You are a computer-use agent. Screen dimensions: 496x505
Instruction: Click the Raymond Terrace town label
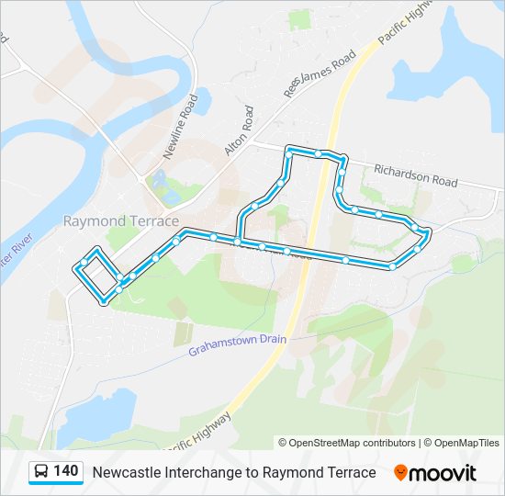(x=120, y=220)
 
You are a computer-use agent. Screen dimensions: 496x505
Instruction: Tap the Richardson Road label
(x=415, y=175)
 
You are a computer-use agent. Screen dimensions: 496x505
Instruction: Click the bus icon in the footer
(x=41, y=472)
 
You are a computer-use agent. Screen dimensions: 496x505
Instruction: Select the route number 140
(x=66, y=471)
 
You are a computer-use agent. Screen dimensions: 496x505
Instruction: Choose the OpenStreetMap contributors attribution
(x=347, y=443)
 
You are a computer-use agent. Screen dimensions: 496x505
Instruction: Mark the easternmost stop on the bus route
(x=428, y=232)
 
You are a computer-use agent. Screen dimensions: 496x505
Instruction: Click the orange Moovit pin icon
(x=400, y=473)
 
